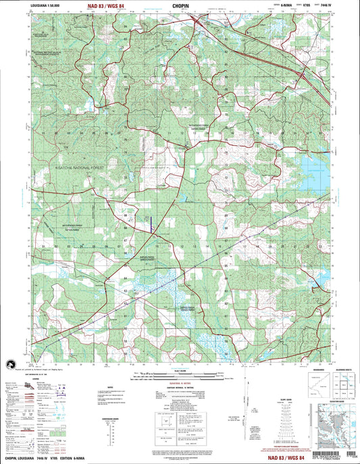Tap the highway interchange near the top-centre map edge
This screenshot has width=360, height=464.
(x=197, y=24)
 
